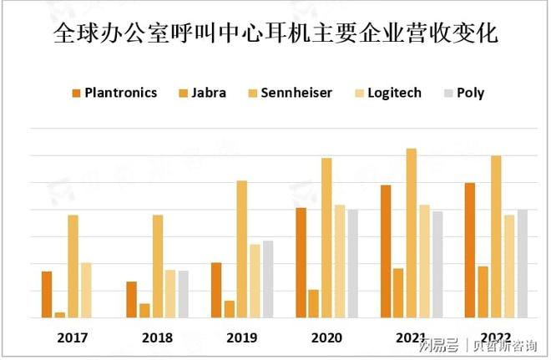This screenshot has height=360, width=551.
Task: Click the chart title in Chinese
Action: pos(275,35)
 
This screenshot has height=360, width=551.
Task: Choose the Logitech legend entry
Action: pos(388,93)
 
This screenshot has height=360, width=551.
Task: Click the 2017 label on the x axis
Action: pos(73,337)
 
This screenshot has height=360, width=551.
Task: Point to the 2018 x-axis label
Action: pos(157,337)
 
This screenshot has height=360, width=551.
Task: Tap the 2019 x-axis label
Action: pos(242,337)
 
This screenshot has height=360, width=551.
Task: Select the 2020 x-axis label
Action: pos(326,337)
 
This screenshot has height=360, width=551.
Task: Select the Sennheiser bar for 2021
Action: pos(412,233)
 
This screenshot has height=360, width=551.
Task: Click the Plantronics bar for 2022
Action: pos(470,250)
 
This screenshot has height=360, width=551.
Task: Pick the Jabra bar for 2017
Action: pos(60,315)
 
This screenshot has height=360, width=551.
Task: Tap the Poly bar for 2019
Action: pos(268,279)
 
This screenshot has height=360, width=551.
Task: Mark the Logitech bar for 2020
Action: pos(340,261)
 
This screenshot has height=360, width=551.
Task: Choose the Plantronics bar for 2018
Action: pos(131,300)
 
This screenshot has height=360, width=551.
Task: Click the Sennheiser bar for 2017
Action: pos(73,266)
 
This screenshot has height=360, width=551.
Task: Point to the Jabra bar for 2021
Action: pos(398,293)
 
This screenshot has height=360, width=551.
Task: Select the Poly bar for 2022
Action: pos(523,263)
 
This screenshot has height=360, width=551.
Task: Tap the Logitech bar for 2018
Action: pos(170,293)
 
